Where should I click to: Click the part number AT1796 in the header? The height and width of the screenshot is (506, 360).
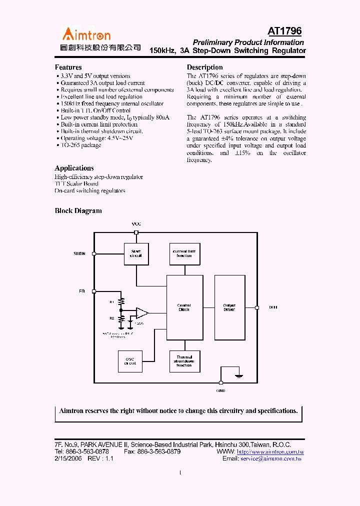284,31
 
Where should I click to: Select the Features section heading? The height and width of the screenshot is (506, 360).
68,67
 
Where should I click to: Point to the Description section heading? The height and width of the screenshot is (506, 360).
204,67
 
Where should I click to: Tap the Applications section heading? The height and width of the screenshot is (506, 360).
74,168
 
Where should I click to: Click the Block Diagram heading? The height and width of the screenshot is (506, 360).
78,210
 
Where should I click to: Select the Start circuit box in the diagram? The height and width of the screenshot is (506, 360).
136,253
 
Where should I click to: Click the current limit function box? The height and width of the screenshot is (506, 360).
184,253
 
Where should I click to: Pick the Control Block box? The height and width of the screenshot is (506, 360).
184,307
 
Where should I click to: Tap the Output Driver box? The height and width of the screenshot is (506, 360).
229,307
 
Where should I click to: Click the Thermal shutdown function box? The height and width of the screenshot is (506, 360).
184,361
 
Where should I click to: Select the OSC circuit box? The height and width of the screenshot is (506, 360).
130,361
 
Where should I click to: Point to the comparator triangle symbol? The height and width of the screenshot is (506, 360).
142,313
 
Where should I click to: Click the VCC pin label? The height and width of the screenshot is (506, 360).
136,224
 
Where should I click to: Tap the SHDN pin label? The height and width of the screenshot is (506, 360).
79,253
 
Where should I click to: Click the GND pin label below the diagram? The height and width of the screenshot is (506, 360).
220,390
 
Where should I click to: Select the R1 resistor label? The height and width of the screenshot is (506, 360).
112,302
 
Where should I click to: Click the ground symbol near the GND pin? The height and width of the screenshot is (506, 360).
239,375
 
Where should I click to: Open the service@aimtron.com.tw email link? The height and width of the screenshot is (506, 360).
271,458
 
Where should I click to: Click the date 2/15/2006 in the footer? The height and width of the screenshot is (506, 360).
66,458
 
